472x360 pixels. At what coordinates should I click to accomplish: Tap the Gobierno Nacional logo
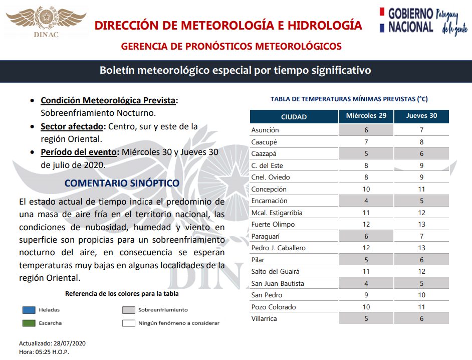click(x=423, y=21)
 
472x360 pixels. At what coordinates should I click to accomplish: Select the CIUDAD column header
click(x=294, y=117)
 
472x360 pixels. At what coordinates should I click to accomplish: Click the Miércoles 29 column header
click(x=366, y=116)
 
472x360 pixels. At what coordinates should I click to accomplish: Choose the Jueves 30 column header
click(x=421, y=116)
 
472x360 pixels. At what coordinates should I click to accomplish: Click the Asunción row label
click(x=265, y=130)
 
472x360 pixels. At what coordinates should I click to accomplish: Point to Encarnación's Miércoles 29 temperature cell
click(x=366, y=201)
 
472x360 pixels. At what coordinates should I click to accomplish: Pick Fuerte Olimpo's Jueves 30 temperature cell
click(x=421, y=225)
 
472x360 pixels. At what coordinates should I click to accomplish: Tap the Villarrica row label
click(x=264, y=319)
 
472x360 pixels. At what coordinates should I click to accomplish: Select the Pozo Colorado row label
click(x=274, y=307)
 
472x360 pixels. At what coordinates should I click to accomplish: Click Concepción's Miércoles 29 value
click(x=366, y=189)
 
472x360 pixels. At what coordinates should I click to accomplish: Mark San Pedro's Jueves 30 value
click(x=421, y=295)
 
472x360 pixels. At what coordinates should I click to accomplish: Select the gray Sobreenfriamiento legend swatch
click(x=129, y=310)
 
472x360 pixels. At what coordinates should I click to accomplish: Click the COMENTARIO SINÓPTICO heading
click(x=122, y=184)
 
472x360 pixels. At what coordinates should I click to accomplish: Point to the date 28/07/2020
click(x=72, y=343)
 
